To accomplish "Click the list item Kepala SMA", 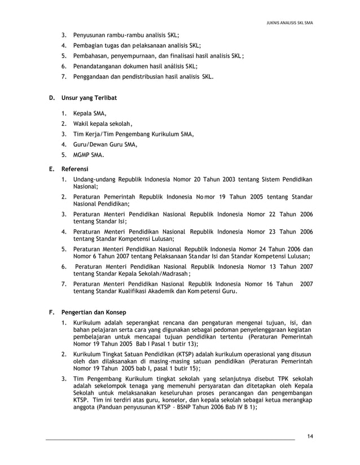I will (x=90, y=113).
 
